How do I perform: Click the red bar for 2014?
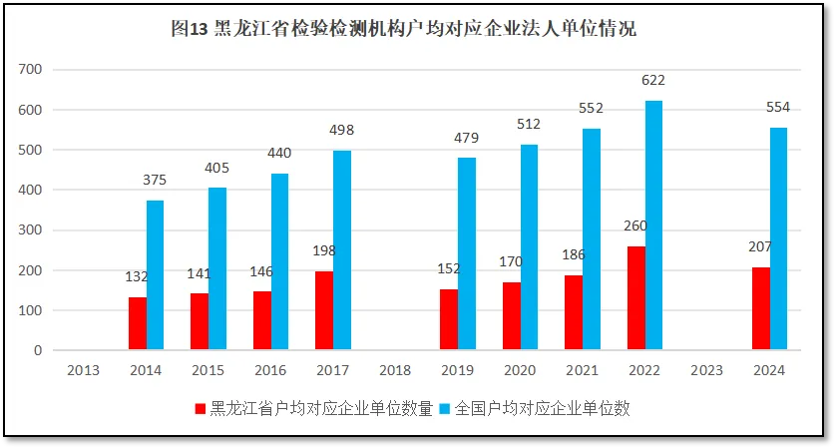pyautogui.click(x=137, y=323)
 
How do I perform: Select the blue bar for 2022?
pyautogui.click(x=653, y=225)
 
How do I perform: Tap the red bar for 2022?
pyautogui.click(x=635, y=298)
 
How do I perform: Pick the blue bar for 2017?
pyautogui.click(x=342, y=250)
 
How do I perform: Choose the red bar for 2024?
pyautogui.click(x=760, y=308)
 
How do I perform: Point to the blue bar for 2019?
pyautogui.click(x=467, y=254)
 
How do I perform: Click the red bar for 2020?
pyautogui.click(x=511, y=316)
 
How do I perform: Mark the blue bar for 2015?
pyautogui.click(x=217, y=268)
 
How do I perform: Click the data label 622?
pyautogui.click(x=653, y=81)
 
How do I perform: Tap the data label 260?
pyautogui.click(x=635, y=225)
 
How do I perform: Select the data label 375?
pyautogui.click(x=155, y=181)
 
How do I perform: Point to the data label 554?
pyautogui.click(x=778, y=108)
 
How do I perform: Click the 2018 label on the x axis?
pyautogui.click(x=395, y=370)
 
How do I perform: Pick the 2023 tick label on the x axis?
pyautogui.click(x=706, y=370)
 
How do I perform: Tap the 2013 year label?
pyautogui.click(x=83, y=370)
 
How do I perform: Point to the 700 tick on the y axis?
pyautogui.click(x=30, y=70)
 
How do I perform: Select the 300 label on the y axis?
pyautogui.click(x=30, y=230)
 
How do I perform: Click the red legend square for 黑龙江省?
pyautogui.click(x=201, y=409)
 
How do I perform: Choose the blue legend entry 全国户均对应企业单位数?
pyautogui.click(x=543, y=409)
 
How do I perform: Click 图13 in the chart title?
pyautogui.click(x=191, y=29)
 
